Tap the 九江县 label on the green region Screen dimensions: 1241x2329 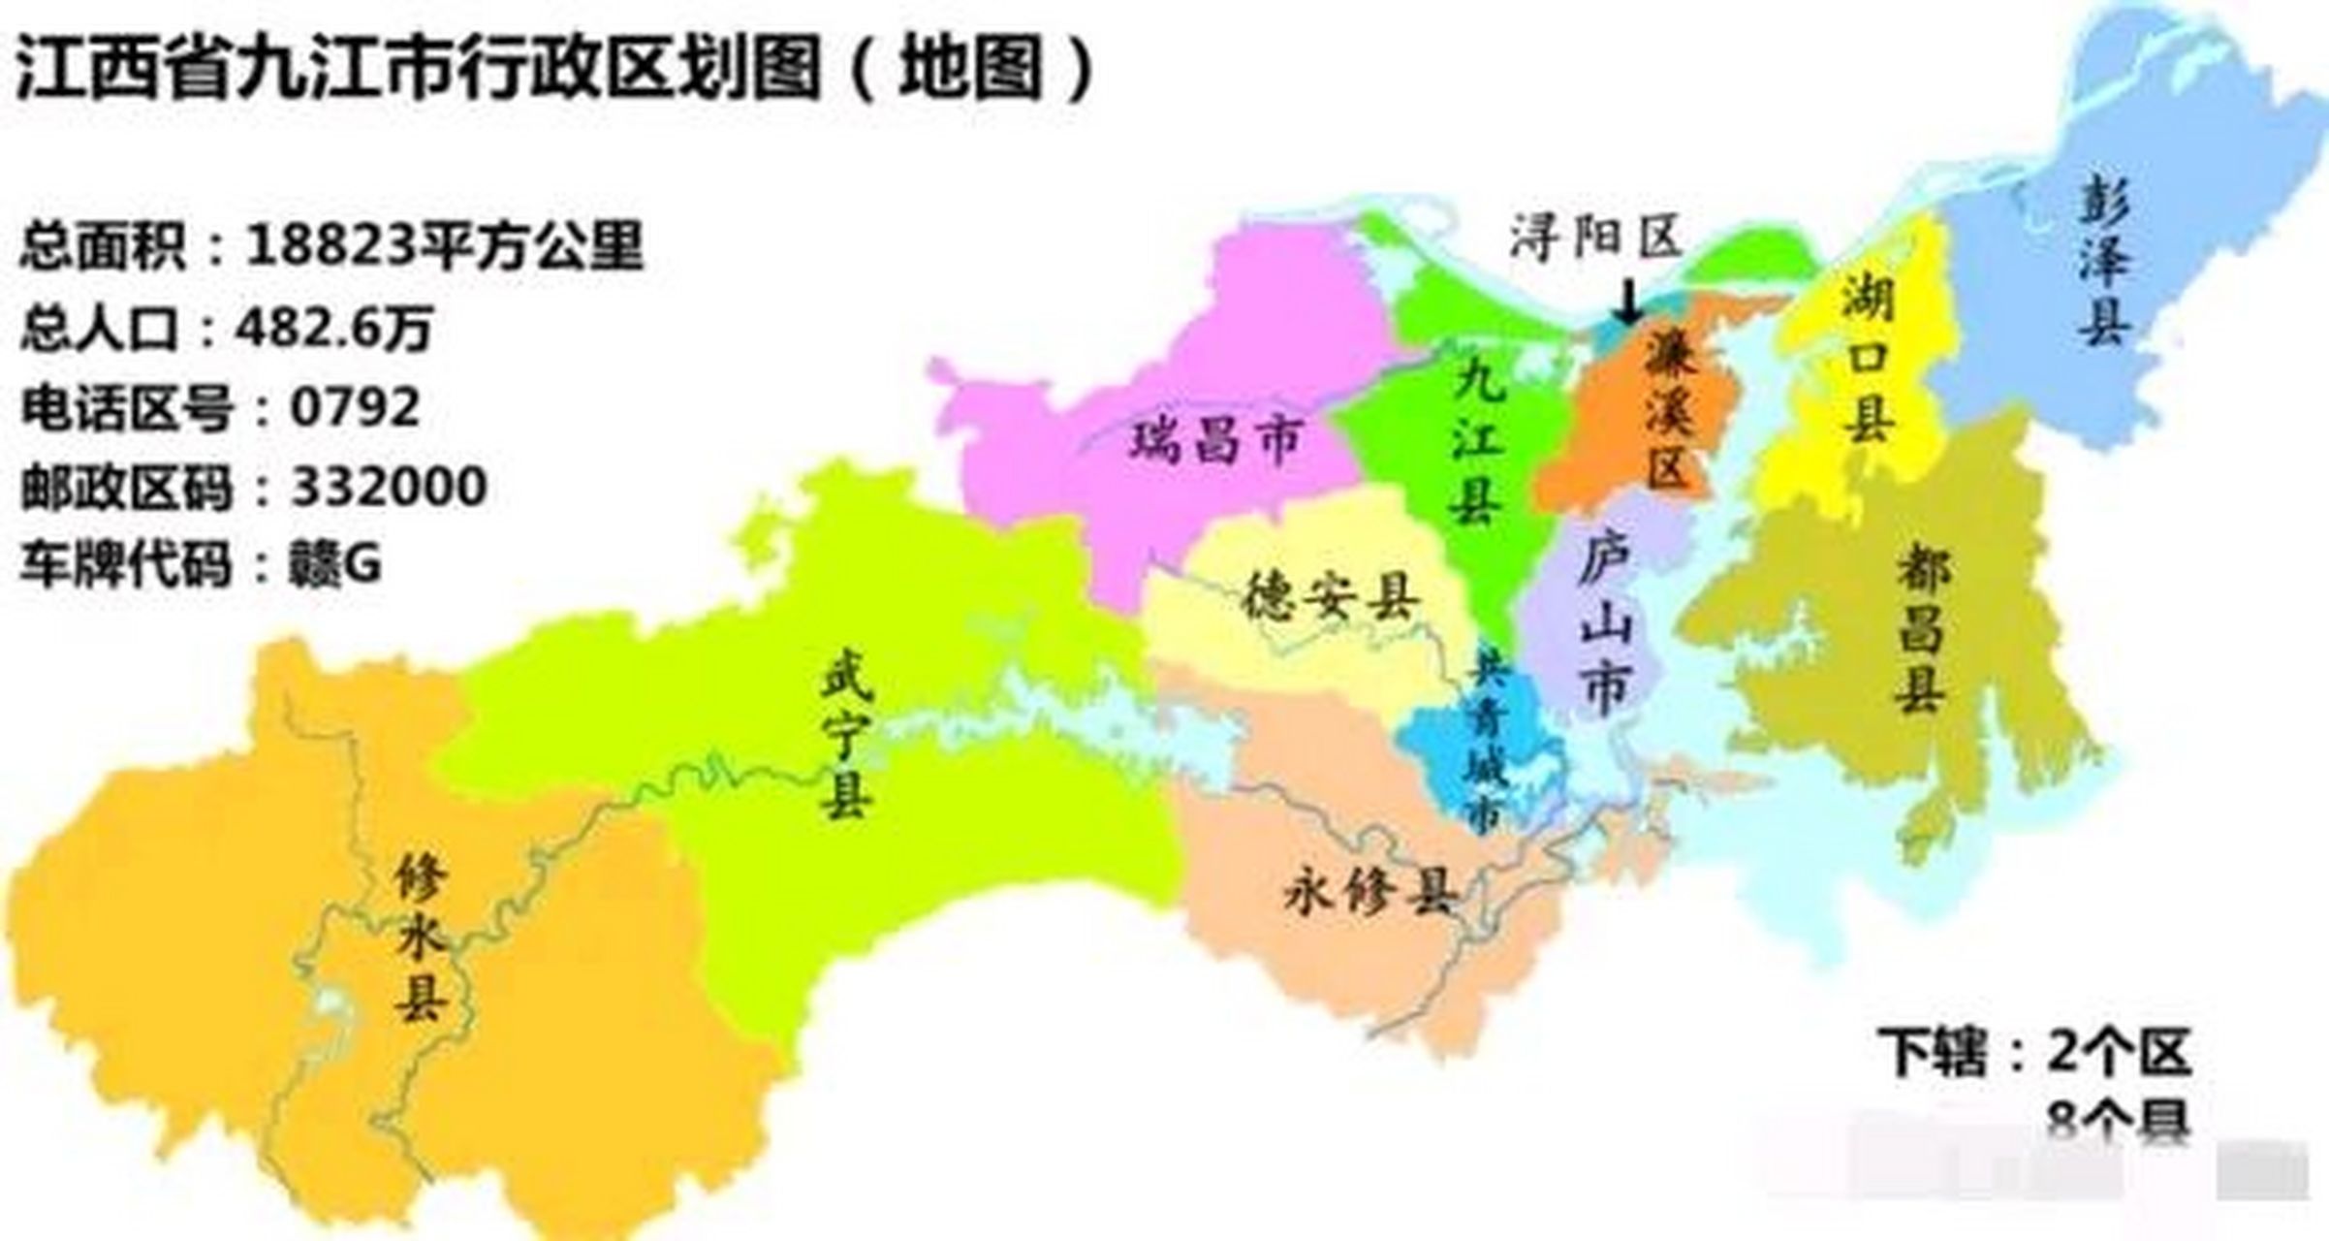click(1477, 441)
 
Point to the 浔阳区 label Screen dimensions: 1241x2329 click(1595, 237)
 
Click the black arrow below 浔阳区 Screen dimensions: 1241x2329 click(1629, 302)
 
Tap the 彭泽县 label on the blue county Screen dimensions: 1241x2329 click(2104, 260)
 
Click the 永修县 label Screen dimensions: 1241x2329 click(1369, 892)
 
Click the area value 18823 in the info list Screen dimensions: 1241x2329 click(330, 244)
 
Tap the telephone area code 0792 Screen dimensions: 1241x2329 click(355, 407)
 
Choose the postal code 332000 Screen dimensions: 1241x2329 click(389, 487)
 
